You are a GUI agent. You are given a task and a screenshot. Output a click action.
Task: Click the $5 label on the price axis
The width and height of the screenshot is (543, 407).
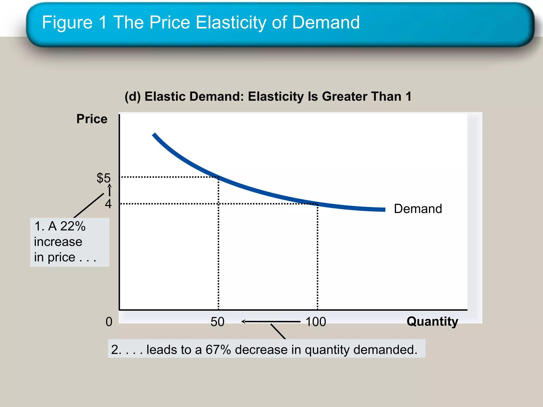click(103, 178)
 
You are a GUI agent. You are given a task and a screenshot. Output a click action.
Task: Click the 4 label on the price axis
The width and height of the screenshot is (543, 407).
click(108, 204)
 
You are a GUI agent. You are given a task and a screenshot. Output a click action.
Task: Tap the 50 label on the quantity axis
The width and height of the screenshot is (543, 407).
click(217, 322)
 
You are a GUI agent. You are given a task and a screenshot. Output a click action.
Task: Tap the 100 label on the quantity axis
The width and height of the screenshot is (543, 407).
click(316, 322)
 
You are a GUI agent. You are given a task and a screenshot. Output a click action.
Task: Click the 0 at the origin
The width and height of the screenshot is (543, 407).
click(109, 322)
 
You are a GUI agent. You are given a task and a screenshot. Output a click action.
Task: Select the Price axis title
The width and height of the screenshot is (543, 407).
click(92, 119)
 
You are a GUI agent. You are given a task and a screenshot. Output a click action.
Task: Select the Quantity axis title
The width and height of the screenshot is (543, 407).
click(432, 321)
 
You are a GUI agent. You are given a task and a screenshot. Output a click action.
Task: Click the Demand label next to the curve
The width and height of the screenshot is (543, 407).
click(418, 209)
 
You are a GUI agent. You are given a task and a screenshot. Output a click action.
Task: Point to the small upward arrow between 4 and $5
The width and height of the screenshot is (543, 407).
click(110, 190)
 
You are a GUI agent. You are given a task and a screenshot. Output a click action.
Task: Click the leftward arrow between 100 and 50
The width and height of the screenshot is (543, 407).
click(270, 322)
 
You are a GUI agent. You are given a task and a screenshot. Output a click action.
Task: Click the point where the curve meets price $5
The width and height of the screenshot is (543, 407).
click(218, 177)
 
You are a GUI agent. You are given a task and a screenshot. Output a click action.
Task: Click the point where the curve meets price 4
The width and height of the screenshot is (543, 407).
click(317, 204)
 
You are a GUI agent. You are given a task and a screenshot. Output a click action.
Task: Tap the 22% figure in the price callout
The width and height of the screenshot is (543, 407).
click(73, 226)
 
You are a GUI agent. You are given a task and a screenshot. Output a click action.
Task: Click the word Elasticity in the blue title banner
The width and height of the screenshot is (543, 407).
click(231, 22)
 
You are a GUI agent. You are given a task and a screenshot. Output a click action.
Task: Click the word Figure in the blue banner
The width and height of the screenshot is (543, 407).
click(67, 22)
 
